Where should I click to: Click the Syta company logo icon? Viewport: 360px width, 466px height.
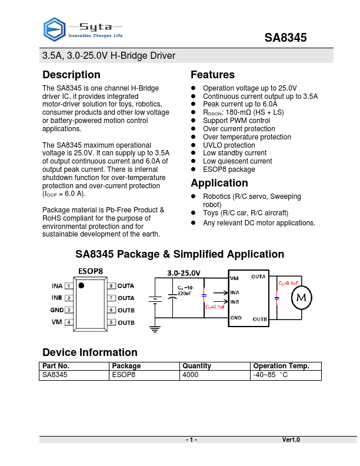[x=55, y=28]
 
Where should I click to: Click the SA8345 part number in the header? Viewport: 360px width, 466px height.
[x=285, y=38]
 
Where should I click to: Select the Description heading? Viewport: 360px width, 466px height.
[x=71, y=75]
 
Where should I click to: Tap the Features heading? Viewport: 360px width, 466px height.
[x=212, y=75]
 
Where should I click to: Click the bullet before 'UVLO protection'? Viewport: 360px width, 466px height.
[x=194, y=145]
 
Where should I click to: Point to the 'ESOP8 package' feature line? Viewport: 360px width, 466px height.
[x=229, y=169]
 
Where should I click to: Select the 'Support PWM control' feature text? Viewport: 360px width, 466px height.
[x=236, y=121]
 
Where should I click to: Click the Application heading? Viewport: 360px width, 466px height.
[x=219, y=183]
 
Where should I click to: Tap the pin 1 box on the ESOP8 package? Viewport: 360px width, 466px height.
[x=69, y=286]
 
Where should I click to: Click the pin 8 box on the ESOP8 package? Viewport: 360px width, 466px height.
[x=111, y=286]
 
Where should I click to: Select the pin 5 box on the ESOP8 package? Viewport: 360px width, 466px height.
[x=111, y=322]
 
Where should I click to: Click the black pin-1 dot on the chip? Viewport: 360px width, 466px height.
[x=82, y=286]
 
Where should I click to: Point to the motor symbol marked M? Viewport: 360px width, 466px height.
[x=301, y=298]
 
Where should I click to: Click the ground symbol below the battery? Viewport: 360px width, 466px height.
[x=155, y=329]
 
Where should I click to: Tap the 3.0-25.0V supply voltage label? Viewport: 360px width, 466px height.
[x=184, y=274]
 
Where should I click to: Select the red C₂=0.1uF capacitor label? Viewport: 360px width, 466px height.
[x=288, y=283]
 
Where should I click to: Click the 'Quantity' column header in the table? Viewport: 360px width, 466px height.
[x=196, y=366]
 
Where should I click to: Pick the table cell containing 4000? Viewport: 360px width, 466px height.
[x=191, y=374]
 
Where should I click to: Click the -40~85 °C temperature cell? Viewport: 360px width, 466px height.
[x=270, y=374]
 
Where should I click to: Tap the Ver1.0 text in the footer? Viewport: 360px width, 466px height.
[x=291, y=440]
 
